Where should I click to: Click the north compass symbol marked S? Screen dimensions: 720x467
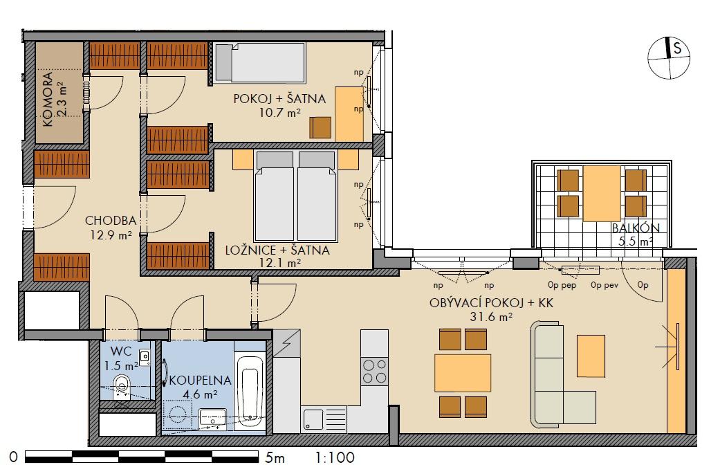669,57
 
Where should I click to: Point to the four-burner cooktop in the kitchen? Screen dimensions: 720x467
374,372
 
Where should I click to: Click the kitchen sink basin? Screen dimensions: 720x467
313,419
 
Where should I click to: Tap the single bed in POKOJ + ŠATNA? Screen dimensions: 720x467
259,63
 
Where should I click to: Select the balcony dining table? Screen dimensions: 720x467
602,193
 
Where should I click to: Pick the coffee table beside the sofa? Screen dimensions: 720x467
591,356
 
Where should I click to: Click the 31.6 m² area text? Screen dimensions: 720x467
491,316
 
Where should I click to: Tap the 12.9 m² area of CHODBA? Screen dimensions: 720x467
111,235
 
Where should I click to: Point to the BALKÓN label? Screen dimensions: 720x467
636,228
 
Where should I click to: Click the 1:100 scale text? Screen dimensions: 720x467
335,457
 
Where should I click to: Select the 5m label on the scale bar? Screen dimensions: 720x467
275,457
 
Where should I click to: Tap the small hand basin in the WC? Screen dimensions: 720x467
145,357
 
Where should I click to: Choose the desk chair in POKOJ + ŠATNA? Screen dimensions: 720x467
320,127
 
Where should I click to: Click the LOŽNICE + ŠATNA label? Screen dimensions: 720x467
277,250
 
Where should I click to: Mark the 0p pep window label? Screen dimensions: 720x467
562,285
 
